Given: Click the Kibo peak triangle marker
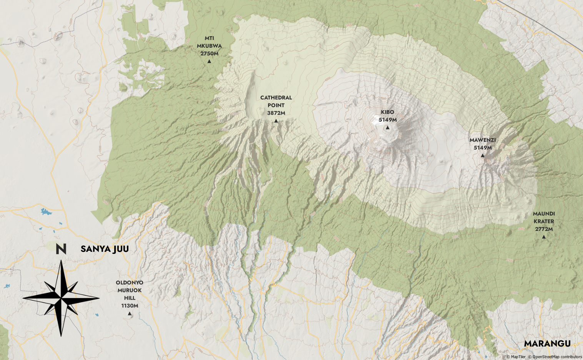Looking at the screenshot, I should coord(388,128).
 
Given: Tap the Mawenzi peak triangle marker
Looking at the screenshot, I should coord(483,155).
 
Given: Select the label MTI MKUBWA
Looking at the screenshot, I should coord(209,42).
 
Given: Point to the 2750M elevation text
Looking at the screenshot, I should coord(209,53).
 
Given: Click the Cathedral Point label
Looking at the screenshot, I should coord(276,102).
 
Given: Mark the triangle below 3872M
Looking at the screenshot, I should coord(276,121).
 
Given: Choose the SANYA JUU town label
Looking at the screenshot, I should coord(105,249).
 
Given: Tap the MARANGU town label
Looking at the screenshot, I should coord(547,343).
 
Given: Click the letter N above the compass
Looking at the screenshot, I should coord(61,249).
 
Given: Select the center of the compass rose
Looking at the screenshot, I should coord(61,298).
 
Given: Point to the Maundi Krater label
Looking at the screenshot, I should coord(544,218).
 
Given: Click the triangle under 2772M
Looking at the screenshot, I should coord(544,237).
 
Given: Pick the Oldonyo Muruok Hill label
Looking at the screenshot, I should coord(130,290).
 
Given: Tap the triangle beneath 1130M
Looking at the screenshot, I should coord(130,314).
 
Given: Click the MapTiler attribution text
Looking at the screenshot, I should coord(516,357).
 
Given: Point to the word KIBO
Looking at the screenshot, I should coord(388,112).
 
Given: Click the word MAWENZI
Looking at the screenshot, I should coord(483,140).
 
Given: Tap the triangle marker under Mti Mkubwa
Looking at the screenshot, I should coord(209,62).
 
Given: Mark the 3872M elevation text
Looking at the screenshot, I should coord(276,113).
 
